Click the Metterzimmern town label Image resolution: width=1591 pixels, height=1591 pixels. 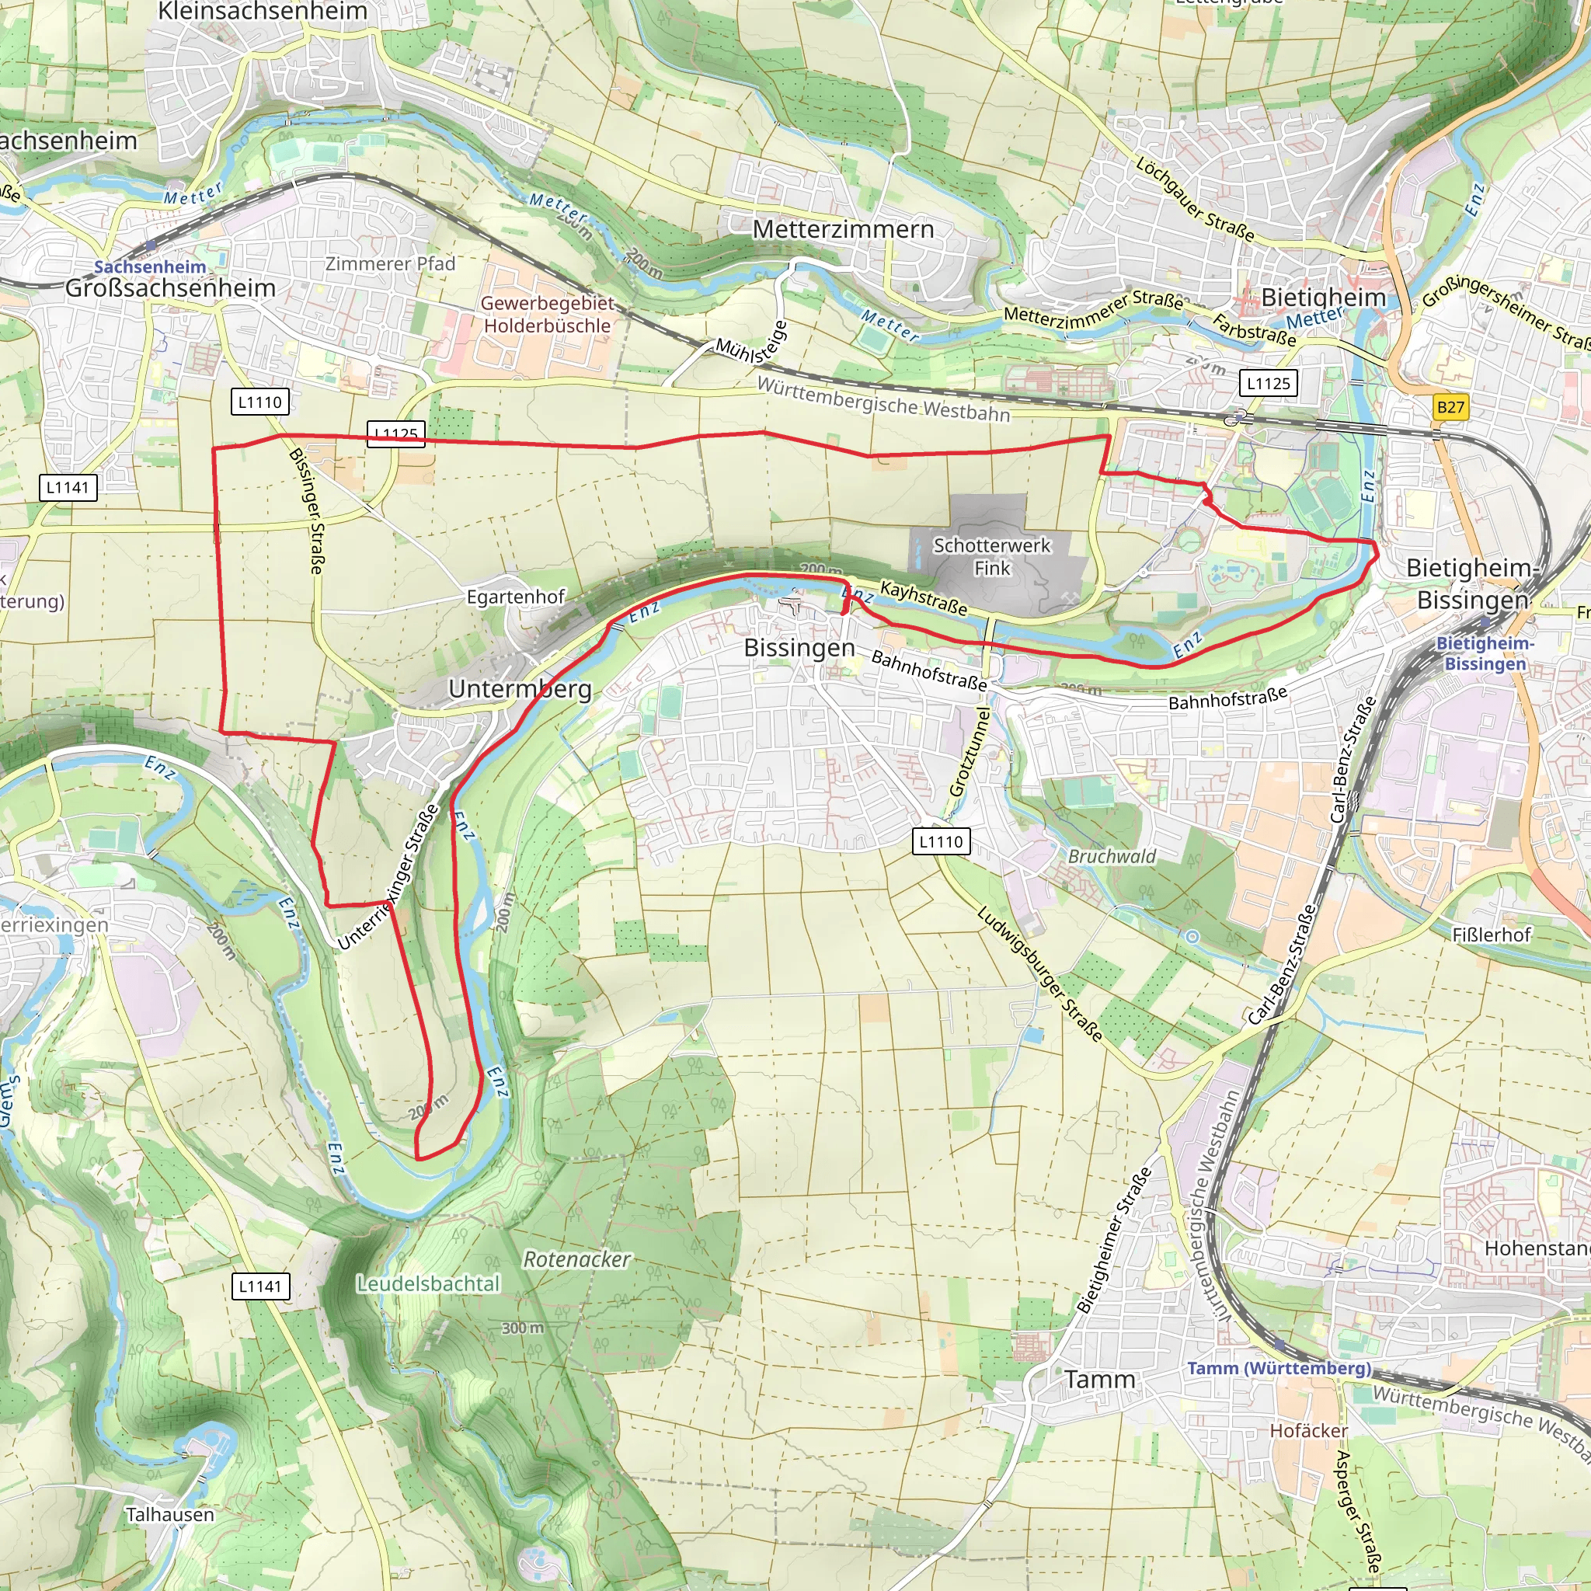click(x=843, y=229)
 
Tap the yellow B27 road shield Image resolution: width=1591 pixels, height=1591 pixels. click(x=1450, y=407)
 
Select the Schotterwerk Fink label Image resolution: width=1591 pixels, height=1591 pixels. click(x=991, y=557)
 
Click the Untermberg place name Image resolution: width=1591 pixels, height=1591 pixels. click(x=520, y=688)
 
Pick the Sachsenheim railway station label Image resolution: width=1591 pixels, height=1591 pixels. click(x=150, y=266)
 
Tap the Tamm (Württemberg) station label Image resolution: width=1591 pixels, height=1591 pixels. click(x=1279, y=1369)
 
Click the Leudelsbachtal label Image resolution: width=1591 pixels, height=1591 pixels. click(x=428, y=1284)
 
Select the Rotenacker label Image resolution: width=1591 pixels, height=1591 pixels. click(x=576, y=1259)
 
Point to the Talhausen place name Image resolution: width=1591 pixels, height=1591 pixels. click(x=169, y=1514)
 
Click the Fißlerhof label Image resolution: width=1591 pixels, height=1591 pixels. click(x=1492, y=935)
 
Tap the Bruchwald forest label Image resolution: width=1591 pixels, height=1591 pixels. click(x=1112, y=856)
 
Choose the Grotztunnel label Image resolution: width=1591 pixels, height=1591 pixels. click(x=970, y=751)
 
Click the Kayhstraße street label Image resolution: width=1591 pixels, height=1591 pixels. click(x=924, y=599)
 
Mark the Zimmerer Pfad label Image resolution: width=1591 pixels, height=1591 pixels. click(x=390, y=263)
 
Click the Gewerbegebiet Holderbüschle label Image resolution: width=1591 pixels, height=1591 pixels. click(x=547, y=315)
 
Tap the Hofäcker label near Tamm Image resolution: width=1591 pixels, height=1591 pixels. click(x=1308, y=1431)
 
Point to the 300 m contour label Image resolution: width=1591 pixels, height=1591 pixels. click(x=523, y=1328)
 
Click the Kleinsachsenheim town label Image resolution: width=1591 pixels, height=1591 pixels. click(x=263, y=12)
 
